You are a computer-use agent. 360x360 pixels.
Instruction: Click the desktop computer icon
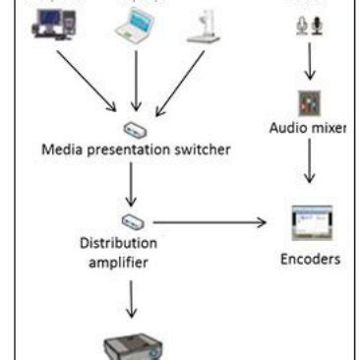(x=52, y=26)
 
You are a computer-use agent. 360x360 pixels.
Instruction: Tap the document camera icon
(x=205, y=27)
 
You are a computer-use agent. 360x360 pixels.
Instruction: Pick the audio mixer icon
(x=307, y=103)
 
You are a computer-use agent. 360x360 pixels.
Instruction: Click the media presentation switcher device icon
(x=135, y=129)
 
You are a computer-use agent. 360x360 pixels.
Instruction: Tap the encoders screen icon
(x=310, y=223)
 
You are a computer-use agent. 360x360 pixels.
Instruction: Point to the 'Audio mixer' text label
(x=307, y=128)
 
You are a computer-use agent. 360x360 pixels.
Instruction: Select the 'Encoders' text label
(x=310, y=260)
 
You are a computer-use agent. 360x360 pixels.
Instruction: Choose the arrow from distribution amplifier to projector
(x=133, y=299)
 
